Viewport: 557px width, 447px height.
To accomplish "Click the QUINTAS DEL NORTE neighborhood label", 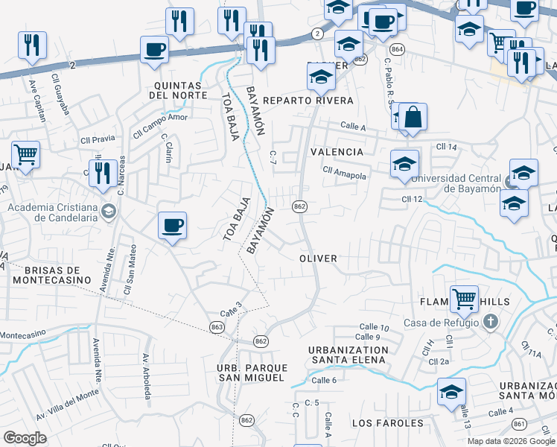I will coord(177,90).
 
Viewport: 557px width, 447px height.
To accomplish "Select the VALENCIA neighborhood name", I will coord(337,152).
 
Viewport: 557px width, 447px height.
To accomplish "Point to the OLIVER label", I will coord(318,258).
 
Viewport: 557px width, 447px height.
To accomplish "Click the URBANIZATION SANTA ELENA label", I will coord(348,355).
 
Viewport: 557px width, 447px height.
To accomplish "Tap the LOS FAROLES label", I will coord(387,423).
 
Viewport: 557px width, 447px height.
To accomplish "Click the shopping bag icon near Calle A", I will coord(412,118).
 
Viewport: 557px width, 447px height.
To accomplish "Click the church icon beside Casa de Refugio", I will coord(490,323).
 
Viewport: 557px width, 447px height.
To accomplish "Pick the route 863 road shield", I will coord(217,327).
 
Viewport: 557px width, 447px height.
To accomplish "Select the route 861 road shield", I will coord(520,424).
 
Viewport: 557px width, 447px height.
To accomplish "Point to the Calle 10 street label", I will coord(374,327).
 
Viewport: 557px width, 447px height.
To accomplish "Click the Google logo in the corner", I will coord(25,438).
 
